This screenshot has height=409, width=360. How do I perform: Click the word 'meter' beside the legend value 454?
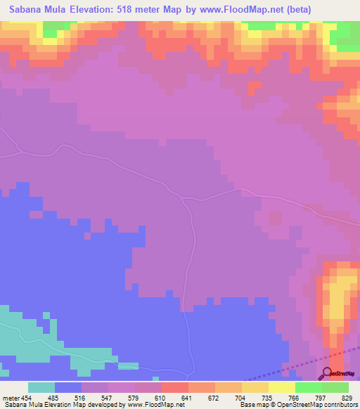12,397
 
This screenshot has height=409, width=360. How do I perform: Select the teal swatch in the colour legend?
41,387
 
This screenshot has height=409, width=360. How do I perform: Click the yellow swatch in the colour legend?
281,387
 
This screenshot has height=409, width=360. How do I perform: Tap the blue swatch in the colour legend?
68,387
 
